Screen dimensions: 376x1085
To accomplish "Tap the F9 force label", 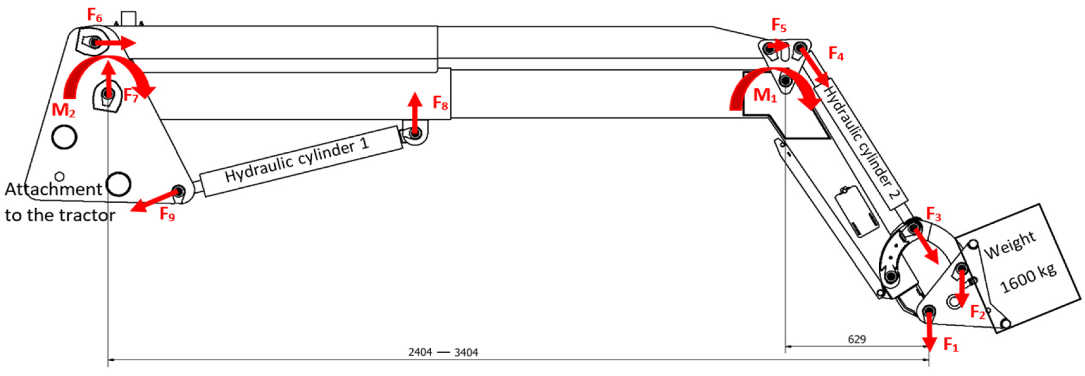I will pos(167,215).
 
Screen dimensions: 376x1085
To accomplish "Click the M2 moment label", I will pos(63,110).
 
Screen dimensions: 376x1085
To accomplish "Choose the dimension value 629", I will pos(857,339).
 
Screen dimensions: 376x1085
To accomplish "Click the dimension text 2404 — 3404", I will pos(443,352).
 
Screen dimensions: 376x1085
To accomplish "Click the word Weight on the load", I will pos(1010,246).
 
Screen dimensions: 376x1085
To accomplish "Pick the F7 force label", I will pos(130,96).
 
